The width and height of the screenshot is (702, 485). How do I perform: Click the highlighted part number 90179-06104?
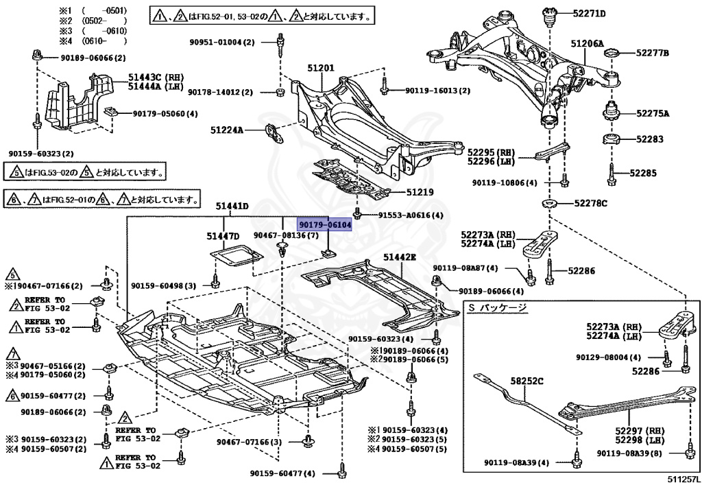[x=325, y=225]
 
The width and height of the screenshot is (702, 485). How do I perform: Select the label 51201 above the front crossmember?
[x=320, y=68]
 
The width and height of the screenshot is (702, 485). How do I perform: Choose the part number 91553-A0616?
[x=410, y=215]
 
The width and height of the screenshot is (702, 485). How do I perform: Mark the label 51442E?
[x=400, y=257]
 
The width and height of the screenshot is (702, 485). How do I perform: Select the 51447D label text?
[x=223, y=237]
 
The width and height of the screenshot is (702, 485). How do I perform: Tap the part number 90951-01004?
[x=221, y=43]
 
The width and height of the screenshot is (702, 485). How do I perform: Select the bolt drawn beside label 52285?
[x=611, y=174]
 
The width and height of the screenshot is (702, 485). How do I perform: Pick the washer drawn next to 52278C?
[x=549, y=203]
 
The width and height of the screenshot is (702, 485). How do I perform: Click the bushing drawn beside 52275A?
[x=610, y=112]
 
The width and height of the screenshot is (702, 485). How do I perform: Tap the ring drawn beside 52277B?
[x=612, y=53]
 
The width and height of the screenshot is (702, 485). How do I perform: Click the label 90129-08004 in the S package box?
[x=608, y=357]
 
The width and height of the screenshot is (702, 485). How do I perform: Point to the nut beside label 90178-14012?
[x=280, y=92]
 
